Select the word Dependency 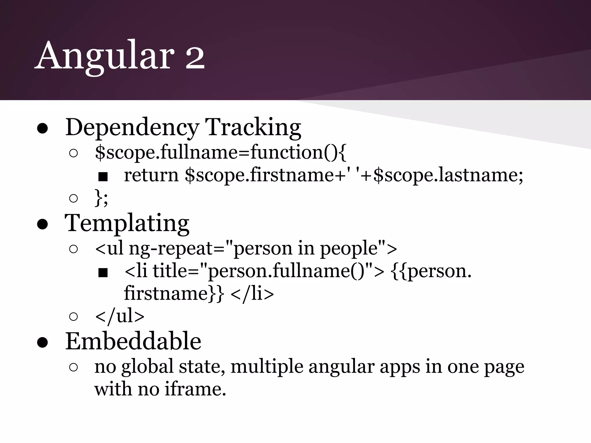point(132,127)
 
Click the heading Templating point(127,223)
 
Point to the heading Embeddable point(133,341)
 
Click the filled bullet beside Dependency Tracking point(42,129)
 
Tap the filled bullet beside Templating point(42,225)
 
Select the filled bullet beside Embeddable point(42,343)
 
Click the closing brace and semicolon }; point(101,198)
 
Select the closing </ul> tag point(119,316)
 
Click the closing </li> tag point(252,294)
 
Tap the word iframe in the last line point(195,389)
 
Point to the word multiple point(267,367)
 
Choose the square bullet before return point(103,177)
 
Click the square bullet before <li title point(103,273)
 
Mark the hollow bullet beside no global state point(74,367)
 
